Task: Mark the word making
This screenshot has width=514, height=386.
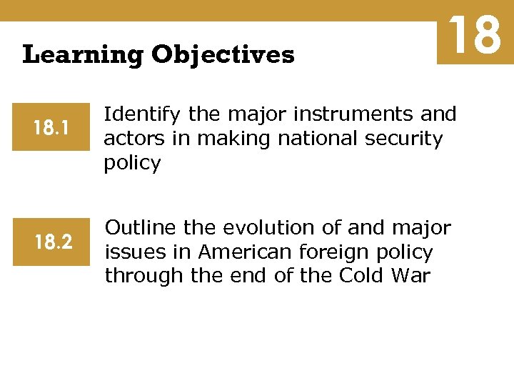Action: [228, 138]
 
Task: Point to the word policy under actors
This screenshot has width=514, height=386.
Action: [133, 163]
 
